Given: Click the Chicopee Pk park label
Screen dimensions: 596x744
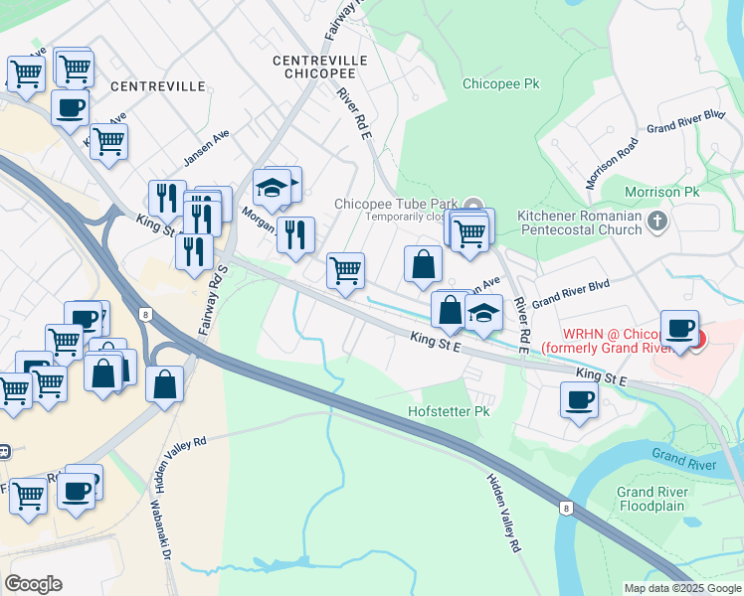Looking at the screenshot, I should click(500, 84).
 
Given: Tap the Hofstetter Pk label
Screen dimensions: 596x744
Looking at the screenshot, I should click(450, 411).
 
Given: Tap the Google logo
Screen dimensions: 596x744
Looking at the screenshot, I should click(34, 584).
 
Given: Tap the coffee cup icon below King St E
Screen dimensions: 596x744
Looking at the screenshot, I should click(579, 400).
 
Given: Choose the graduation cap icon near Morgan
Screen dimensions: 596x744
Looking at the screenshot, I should click(271, 187).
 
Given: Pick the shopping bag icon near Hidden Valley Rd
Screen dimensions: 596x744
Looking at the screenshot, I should click(165, 382).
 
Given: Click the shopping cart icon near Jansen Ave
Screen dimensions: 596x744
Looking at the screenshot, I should click(108, 141).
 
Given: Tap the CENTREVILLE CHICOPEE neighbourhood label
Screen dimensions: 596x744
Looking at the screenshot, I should click(319, 68).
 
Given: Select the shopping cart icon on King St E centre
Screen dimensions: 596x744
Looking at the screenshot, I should click(345, 269).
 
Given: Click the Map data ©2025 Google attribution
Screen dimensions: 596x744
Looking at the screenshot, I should click(681, 588).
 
